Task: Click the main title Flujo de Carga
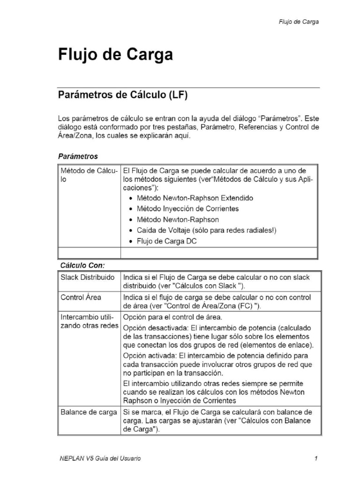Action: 115,55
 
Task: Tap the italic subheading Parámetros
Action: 78,156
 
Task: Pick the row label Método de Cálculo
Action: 88,175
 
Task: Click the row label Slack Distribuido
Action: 87,277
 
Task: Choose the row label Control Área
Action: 81,297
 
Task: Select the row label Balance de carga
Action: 89,412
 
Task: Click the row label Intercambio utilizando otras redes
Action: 89,322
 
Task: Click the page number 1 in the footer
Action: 317,458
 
